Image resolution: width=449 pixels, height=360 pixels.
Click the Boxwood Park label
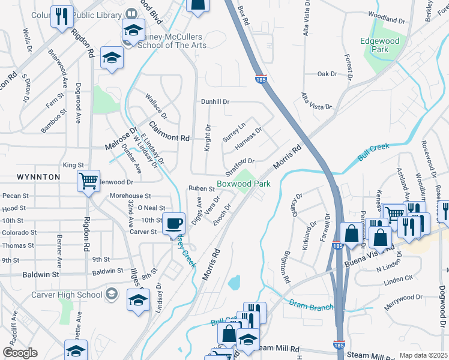pyautogui.click(x=244, y=184)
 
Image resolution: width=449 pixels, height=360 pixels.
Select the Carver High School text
pyautogui.click(x=73, y=295)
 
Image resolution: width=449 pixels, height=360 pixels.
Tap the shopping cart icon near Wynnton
pyautogui.click(x=88, y=179)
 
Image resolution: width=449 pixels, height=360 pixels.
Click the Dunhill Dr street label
pyautogui.click(x=215, y=102)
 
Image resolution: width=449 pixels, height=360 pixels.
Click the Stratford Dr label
pyautogui.click(x=240, y=161)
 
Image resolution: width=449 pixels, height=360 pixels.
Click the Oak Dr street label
pyautogui.click(x=327, y=74)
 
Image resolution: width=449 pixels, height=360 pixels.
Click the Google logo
pyautogui.click(x=20, y=353)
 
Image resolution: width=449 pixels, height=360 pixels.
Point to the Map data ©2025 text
pyautogui.click(x=423, y=355)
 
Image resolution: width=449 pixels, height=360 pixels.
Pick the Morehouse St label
pyautogui.click(x=130, y=196)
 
